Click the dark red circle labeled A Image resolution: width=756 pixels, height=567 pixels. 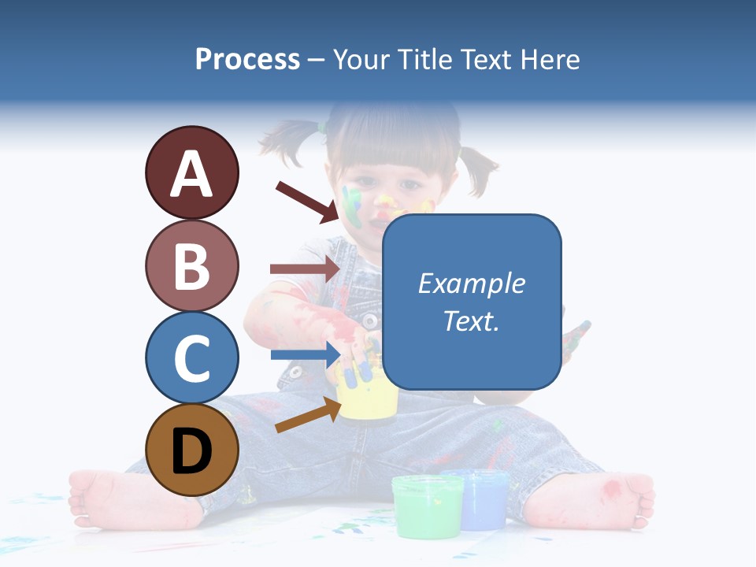tap(191, 173)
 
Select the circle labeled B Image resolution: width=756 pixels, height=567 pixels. tap(191, 265)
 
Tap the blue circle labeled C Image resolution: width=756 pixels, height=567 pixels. tap(191, 358)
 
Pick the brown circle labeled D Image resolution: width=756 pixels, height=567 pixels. tap(191, 450)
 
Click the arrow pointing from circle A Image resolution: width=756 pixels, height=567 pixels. tap(307, 201)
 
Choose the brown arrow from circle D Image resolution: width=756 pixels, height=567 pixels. tap(307, 415)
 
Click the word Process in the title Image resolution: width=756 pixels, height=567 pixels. tap(247, 59)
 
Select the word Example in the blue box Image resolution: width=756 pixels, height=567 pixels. tap(472, 283)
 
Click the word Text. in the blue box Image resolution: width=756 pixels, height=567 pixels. tap(472, 321)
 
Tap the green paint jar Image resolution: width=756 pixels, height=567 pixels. tap(428, 506)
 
